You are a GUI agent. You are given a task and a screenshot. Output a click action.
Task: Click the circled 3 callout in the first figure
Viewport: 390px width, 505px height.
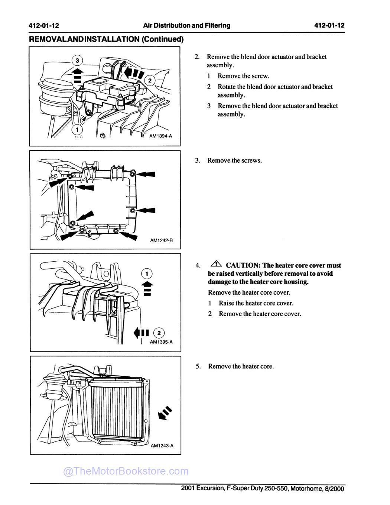click(77, 60)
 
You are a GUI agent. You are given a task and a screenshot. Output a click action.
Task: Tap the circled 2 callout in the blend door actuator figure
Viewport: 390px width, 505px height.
click(149, 81)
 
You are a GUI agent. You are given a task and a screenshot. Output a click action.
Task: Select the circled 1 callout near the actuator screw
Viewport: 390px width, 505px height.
click(77, 130)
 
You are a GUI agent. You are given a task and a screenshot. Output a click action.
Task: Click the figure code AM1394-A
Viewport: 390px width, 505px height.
click(160, 136)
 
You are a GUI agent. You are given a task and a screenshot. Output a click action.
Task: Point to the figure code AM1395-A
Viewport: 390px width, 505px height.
click(161, 342)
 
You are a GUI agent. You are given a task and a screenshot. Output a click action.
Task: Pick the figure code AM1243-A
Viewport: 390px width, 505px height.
click(162, 446)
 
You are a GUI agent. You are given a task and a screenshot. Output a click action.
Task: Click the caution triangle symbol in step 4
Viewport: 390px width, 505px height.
click(216, 264)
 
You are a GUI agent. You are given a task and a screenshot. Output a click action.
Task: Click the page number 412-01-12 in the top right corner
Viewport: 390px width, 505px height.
click(329, 26)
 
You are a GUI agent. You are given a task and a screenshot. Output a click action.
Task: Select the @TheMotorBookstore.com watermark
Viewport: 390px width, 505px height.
click(126, 471)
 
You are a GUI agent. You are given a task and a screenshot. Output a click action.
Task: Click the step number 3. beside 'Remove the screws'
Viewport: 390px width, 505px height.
click(198, 161)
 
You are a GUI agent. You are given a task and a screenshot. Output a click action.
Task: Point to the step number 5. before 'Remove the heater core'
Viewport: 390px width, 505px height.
click(198, 366)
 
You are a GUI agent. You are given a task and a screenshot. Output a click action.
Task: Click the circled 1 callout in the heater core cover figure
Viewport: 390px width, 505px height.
click(147, 274)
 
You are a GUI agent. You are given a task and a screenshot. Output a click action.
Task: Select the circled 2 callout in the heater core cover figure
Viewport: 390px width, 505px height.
click(159, 333)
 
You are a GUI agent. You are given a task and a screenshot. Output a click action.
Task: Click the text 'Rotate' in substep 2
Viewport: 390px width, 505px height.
click(227, 87)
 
